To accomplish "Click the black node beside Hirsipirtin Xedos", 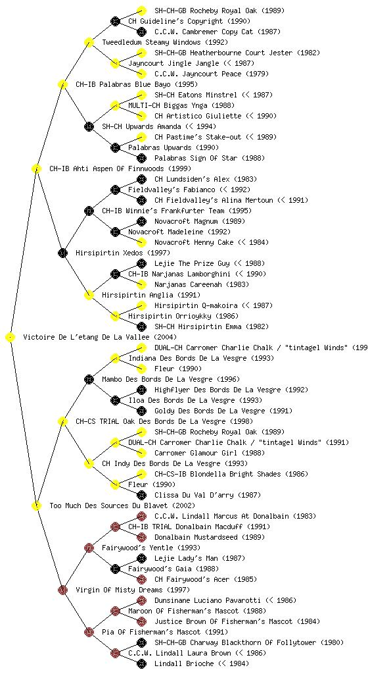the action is coord(62,253).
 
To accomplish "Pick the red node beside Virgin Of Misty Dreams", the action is coord(62,590).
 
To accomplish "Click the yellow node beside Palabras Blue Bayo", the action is coord(62,84).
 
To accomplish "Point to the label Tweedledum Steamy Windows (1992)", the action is coord(165,42).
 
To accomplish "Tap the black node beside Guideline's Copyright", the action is coord(115,21).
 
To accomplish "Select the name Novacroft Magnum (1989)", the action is coord(200,221).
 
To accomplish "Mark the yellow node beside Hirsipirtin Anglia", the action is coord(89,295).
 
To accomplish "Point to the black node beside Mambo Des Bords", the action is coord(89,379).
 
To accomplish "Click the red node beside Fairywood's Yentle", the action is coord(89,548).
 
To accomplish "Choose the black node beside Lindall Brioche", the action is coord(141,663).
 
